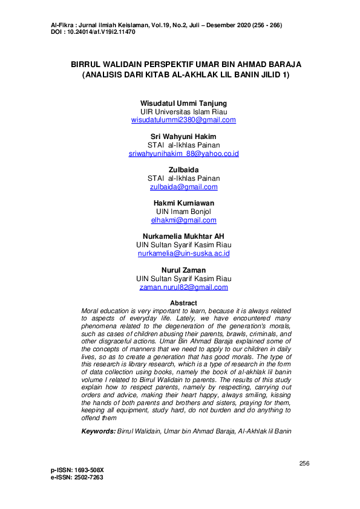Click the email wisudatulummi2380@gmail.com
pos(183,120)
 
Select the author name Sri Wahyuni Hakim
pos(183,137)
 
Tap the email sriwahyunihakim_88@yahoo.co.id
pos(184,154)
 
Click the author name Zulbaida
pos(184,170)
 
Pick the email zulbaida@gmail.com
pos(184,187)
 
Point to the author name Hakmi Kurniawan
pos(184,204)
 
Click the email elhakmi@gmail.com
pos(184,220)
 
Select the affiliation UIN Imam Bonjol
pos(184,212)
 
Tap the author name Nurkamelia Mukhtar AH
pos(184,237)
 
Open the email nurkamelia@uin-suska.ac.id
pos(184,253)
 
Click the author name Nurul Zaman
pos(184,270)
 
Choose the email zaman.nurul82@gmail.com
pos(184,287)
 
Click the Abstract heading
pos(183,303)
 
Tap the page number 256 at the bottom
pos(304,463)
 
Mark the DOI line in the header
pos(94,31)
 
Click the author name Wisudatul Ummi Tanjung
pos(183,103)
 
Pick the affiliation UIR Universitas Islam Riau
pos(183,112)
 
